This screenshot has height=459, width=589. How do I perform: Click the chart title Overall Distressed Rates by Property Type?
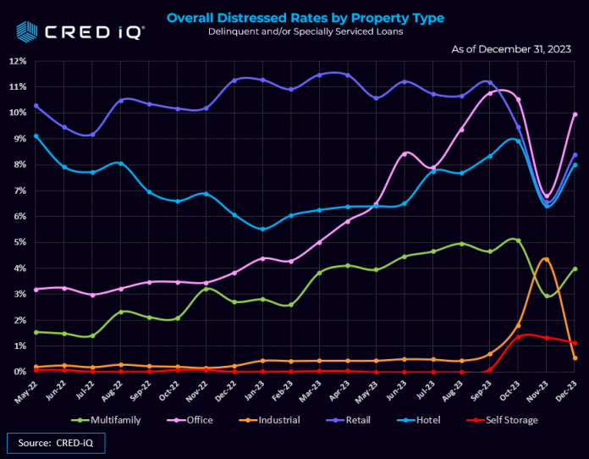coord(305,18)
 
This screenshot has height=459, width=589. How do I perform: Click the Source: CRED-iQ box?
coord(56,442)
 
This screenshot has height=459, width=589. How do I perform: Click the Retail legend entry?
coord(375,418)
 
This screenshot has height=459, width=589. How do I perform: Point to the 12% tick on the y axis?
coord(17,62)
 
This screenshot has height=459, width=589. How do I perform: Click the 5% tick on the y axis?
coord(19,243)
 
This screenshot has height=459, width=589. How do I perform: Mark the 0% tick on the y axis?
coord(19,372)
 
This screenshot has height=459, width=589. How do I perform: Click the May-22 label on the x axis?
coord(30,389)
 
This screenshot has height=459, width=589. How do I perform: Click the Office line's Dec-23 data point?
coord(575,114)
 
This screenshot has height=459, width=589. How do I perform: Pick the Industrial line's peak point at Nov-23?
coord(547,259)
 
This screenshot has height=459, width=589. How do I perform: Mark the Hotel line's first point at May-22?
coord(36,136)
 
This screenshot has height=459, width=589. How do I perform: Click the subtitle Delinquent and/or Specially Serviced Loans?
coord(305,31)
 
